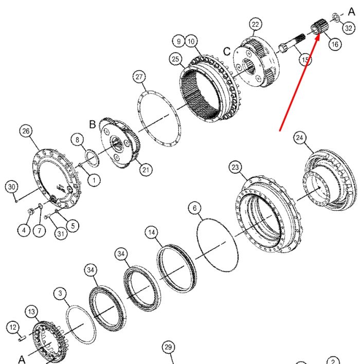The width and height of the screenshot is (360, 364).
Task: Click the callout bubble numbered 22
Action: (255, 24)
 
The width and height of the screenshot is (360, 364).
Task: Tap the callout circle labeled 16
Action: (335, 44)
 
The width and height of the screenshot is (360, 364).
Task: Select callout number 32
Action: (349, 28)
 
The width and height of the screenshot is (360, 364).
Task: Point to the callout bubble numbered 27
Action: (139, 77)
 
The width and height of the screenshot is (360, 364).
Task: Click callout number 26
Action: (26, 131)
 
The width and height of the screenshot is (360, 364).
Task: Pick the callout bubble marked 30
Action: (11, 187)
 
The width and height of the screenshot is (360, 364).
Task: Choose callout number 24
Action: (300, 138)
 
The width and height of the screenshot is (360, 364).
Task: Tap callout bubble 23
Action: (235, 167)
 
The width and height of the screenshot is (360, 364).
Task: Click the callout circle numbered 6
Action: (194, 208)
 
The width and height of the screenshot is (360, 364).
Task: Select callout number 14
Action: (151, 232)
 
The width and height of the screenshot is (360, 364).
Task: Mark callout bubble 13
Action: (31, 312)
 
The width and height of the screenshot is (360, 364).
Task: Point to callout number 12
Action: (13, 327)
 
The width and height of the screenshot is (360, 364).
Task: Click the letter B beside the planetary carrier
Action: (93, 124)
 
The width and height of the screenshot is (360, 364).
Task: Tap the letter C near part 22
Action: (227, 51)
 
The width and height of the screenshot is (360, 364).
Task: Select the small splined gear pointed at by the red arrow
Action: (319, 26)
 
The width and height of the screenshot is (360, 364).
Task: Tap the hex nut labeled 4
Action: (30, 211)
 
